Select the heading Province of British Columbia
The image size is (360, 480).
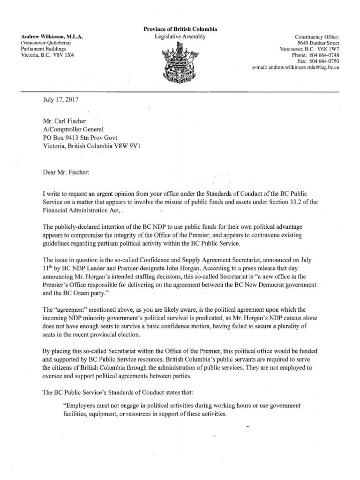(x=180, y=30)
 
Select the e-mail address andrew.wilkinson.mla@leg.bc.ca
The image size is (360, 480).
(x=304, y=67)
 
